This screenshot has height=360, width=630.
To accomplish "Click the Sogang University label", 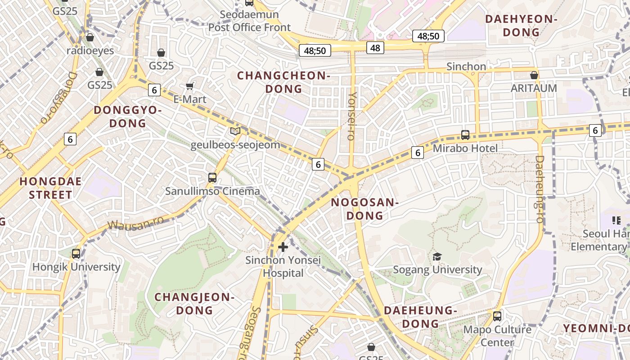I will [437, 270].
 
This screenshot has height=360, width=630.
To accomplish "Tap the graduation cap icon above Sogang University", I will [437, 256].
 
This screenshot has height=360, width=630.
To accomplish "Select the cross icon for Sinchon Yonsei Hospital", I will [283, 247].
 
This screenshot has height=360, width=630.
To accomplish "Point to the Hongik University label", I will [76, 267].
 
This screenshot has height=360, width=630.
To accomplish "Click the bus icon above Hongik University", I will [76, 254].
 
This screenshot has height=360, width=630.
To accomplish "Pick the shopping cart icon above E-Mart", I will [190, 86].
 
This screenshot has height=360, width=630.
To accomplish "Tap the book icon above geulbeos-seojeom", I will [235, 131].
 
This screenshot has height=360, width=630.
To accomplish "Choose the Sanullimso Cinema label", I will [212, 191].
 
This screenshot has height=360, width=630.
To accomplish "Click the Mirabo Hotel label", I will [465, 148].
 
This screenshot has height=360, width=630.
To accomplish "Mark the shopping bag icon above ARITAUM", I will [534, 75].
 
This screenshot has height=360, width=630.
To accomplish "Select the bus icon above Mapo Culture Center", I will [497, 316].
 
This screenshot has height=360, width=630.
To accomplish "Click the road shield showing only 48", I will [375, 47].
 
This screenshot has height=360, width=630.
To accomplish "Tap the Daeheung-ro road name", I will [540, 189].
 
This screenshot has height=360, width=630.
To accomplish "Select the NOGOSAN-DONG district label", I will [365, 209].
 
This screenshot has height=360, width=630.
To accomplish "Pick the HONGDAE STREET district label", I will [50, 188].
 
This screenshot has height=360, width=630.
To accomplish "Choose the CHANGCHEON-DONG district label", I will [283, 82].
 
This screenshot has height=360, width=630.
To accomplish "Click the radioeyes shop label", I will [90, 50].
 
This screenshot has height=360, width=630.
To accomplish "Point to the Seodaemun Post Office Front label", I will [249, 21].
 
